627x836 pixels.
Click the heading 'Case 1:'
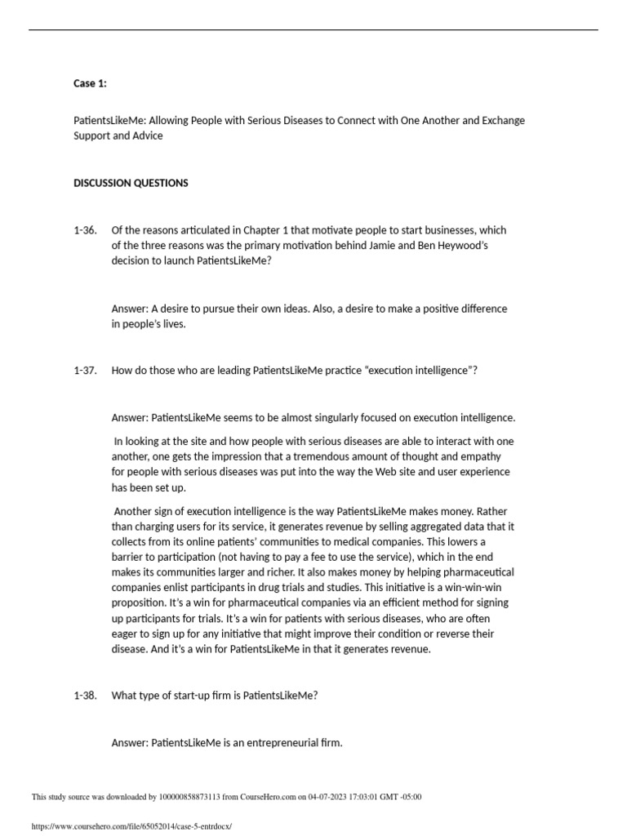[90, 83]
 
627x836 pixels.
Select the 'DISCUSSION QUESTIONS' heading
[131, 183]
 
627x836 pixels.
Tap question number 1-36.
[85, 230]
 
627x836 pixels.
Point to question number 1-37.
[85, 370]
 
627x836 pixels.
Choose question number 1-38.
[85, 695]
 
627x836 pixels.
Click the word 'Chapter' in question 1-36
[262, 230]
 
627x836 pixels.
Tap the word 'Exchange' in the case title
[503, 120]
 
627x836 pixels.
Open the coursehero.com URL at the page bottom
[131, 826]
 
